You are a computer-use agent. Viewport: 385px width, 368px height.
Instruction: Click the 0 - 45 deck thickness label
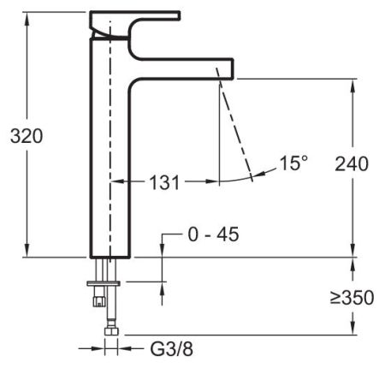212,234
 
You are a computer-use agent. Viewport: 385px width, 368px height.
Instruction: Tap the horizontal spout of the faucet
197,66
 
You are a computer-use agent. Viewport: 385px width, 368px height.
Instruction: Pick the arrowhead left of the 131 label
119,181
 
